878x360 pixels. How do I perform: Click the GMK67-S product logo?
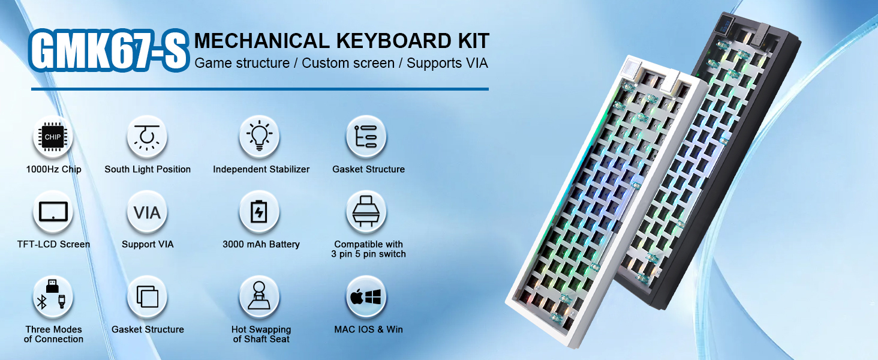tap(109, 50)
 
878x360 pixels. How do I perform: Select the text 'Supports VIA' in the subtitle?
tap(447, 63)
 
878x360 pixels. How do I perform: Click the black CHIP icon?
tap(53, 136)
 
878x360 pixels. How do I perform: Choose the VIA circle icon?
tap(147, 212)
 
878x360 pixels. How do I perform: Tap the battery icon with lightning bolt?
tap(259, 212)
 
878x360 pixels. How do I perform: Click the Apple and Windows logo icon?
tap(366, 297)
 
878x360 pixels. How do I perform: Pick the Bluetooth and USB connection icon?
tap(53, 297)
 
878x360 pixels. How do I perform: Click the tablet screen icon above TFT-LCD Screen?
tap(53, 212)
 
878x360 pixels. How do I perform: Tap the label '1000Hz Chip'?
tap(54, 169)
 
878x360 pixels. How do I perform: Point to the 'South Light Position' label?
tap(148, 169)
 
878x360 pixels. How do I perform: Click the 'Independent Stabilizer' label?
tap(261, 169)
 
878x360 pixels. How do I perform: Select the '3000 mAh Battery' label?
tap(261, 244)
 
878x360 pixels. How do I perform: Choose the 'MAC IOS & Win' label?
tap(368, 329)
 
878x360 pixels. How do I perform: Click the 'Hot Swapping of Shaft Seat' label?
tap(261, 334)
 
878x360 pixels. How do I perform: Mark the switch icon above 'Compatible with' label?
tap(366, 212)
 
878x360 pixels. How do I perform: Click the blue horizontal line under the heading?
tap(260, 89)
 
